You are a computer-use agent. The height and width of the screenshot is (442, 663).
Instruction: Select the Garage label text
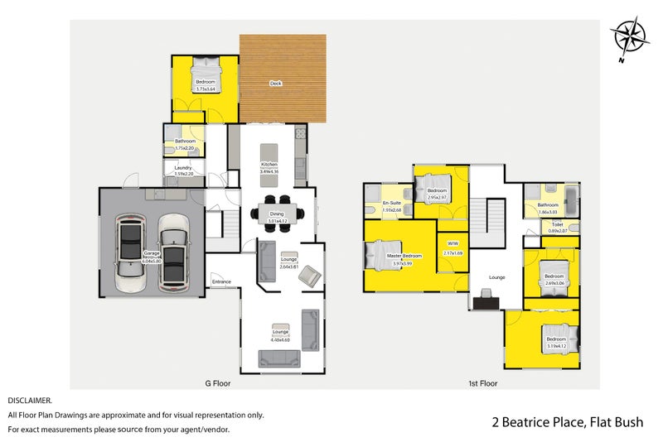151,253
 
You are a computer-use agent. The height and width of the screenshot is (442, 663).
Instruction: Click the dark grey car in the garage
132,247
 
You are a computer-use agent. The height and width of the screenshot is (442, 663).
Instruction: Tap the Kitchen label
269,165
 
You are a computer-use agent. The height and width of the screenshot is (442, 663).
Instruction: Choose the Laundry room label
184,168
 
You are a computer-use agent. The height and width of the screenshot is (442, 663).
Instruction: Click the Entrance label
221,282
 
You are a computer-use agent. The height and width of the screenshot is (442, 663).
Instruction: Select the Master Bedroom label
404,256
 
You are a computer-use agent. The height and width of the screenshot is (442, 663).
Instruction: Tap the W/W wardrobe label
452,243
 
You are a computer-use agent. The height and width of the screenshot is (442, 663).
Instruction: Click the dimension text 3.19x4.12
555,345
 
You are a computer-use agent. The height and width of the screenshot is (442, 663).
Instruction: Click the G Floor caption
217,383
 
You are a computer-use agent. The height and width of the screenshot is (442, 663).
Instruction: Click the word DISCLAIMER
30,399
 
